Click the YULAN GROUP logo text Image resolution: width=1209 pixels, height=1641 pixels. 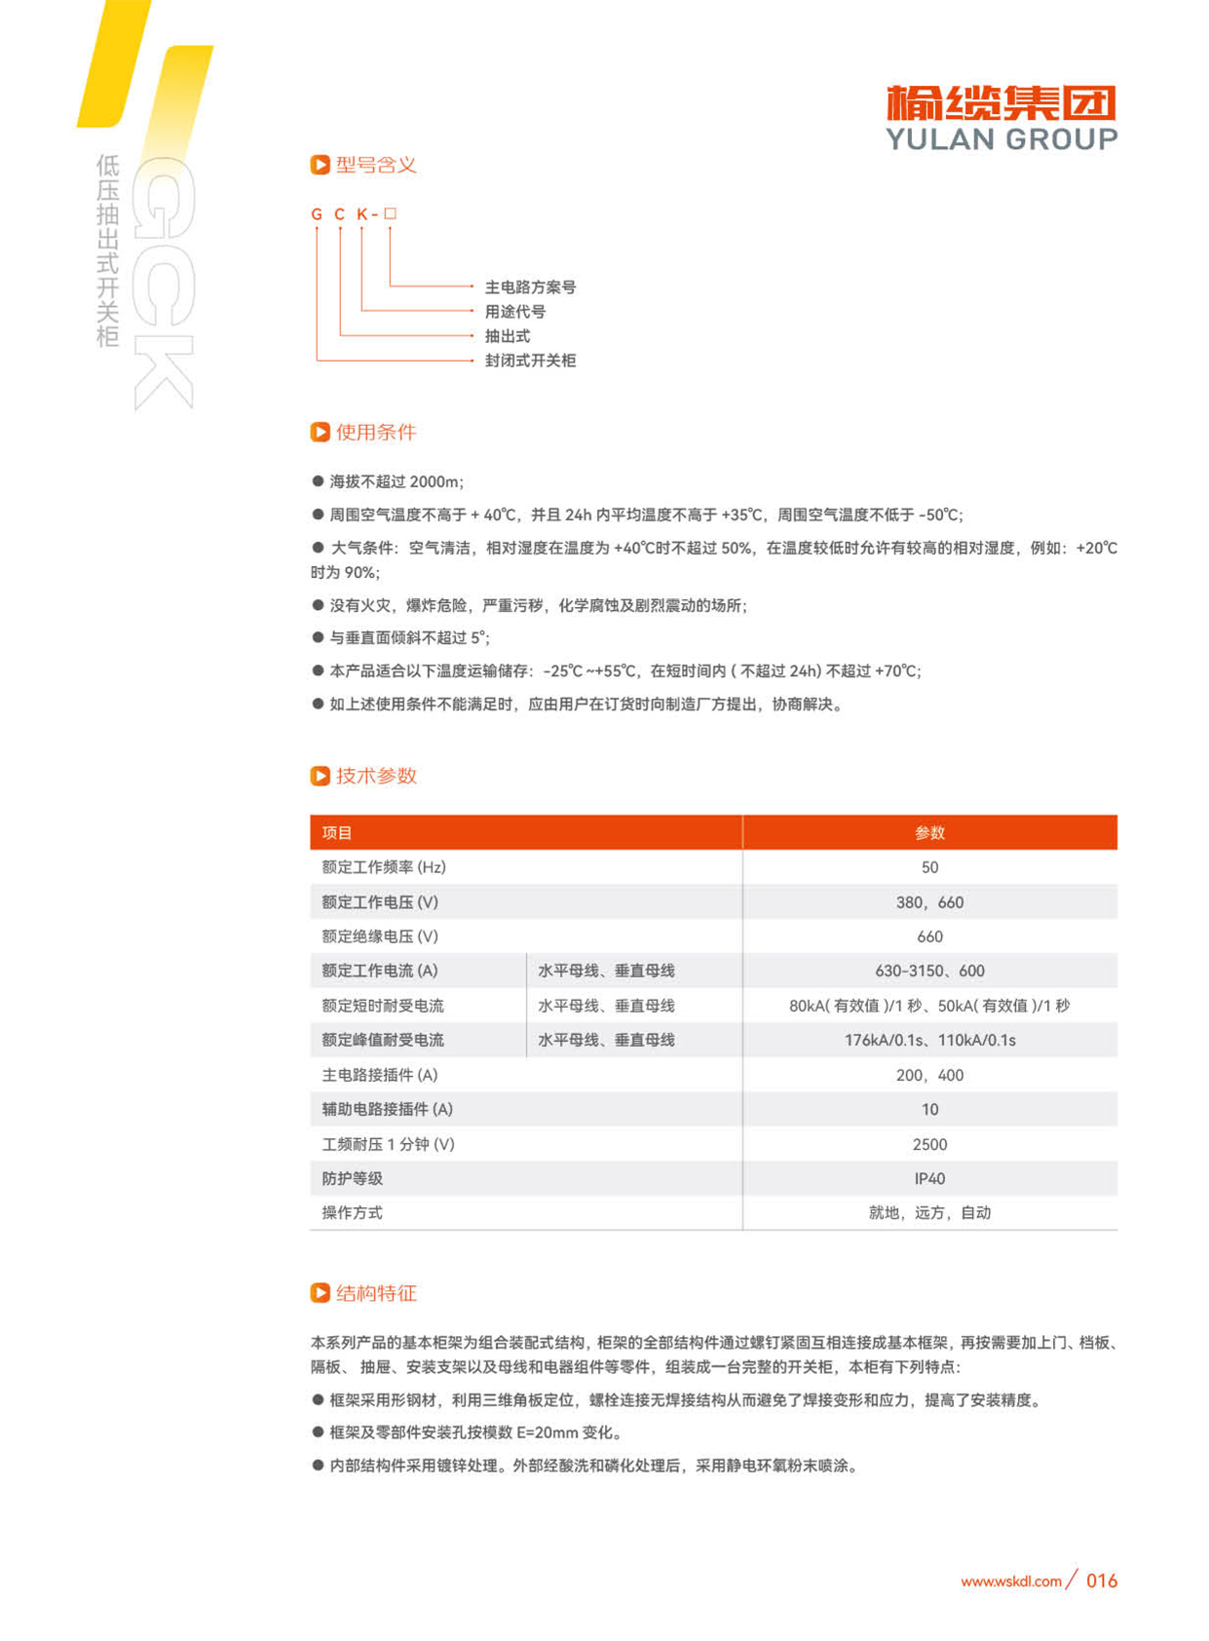pos(1001,139)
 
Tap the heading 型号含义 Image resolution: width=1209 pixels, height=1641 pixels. pos(375,165)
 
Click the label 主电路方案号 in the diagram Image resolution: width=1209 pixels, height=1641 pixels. pos(530,287)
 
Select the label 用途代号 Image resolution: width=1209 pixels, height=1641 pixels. pos(514,312)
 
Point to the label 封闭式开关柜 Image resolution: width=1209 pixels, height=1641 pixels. pos(530,361)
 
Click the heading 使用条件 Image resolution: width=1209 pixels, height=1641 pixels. pos(375,432)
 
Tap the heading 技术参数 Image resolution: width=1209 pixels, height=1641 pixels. pos(375,776)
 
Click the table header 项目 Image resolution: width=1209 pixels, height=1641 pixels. pos(337,833)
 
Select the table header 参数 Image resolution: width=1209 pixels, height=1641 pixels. pos(929,833)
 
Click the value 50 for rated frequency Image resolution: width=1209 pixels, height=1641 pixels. pos(929,867)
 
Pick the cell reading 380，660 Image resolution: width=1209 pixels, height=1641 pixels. pos(929,902)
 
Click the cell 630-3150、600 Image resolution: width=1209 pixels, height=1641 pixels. pos(929,971)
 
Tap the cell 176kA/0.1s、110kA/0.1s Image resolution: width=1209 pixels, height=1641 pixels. pos(929,1040)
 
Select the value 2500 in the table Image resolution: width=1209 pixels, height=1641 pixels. pos(929,1144)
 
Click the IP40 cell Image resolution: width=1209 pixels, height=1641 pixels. pos(929,1178)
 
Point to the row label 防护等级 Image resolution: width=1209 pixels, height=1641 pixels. pos(353,1178)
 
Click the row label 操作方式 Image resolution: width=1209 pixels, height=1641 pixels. pos(353,1212)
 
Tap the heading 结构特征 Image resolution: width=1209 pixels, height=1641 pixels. pos(375,1293)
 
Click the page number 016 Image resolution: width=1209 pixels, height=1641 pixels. pos(1101,1581)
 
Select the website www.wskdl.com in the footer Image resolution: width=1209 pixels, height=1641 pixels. pos(1010,1582)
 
